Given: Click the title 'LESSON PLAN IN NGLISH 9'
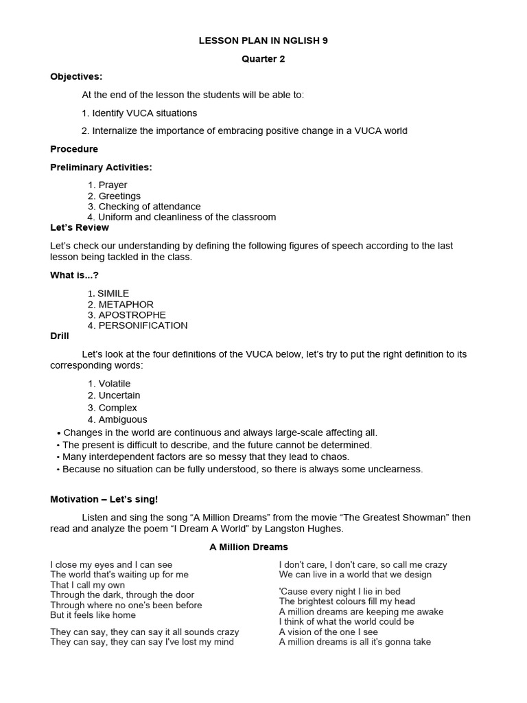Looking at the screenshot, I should pyautogui.click(x=263, y=41).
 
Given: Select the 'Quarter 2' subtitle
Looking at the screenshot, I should pyautogui.click(x=263, y=59).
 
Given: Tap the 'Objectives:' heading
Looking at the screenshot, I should pyautogui.click(x=76, y=77).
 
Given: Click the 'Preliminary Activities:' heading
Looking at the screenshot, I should pyautogui.click(x=101, y=167).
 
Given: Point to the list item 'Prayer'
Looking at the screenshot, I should pyautogui.click(x=113, y=185).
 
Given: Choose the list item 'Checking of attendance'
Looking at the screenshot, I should pyautogui.click(x=149, y=207).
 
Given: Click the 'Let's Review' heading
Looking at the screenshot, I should pyautogui.click(x=80, y=227).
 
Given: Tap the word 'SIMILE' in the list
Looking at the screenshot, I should pyautogui.click(x=113, y=294).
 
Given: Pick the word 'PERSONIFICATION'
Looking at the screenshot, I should pyautogui.click(x=143, y=325).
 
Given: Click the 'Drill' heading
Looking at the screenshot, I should pyautogui.click(x=60, y=336).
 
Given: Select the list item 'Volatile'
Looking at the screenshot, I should pyautogui.click(x=114, y=384).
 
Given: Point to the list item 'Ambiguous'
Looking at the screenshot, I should pyautogui.click(x=122, y=419).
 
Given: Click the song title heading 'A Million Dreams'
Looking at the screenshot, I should pyautogui.click(x=248, y=547).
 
